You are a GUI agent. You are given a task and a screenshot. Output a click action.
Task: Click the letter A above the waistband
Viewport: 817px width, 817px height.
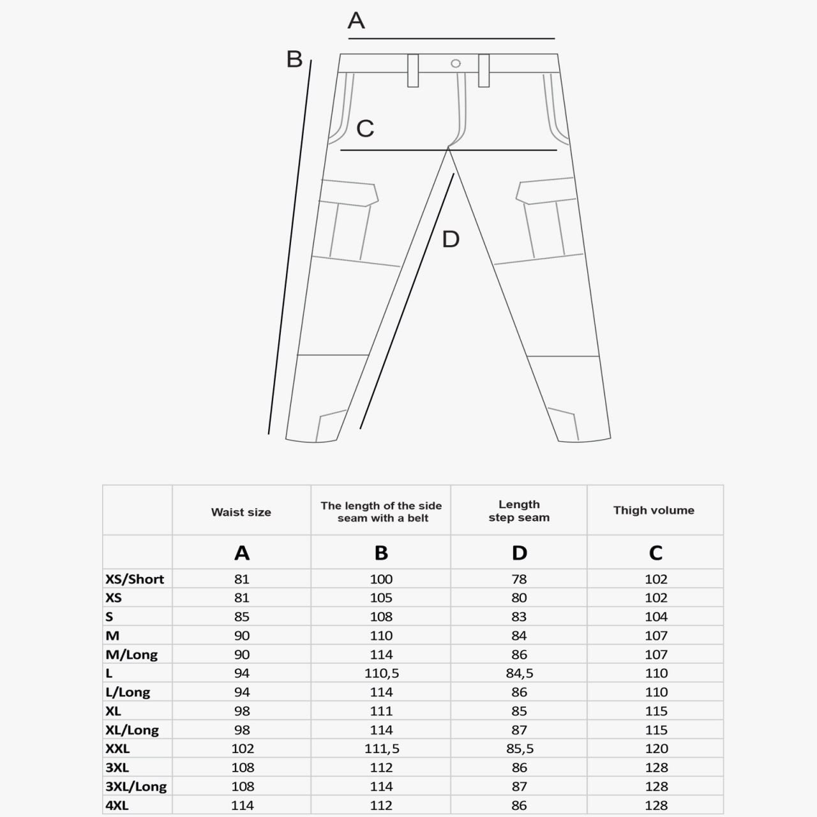click(x=356, y=20)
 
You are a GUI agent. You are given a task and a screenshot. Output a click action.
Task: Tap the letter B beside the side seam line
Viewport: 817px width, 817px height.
click(x=294, y=59)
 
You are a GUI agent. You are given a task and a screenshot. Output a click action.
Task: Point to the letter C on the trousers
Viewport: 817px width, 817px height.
click(x=365, y=128)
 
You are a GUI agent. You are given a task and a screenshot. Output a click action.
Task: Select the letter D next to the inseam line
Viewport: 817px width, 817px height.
click(x=451, y=239)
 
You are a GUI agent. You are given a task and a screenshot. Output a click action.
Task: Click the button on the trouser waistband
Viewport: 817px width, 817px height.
click(x=456, y=63)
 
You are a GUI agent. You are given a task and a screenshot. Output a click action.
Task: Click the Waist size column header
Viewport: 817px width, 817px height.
click(x=241, y=512)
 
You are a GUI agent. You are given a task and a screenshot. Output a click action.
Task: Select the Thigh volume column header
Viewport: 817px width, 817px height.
click(x=654, y=510)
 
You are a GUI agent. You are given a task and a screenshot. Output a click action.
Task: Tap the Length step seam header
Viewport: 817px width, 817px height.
click(x=519, y=511)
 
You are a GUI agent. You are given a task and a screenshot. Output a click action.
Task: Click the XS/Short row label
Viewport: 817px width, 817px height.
click(x=135, y=579)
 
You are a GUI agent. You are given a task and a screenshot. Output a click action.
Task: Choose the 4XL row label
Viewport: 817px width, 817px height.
click(x=117, y=806)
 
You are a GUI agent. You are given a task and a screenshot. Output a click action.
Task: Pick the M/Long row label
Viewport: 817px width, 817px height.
click(x=131, y=654)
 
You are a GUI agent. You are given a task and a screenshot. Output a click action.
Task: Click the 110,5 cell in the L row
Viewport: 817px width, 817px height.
click(x=381, y=673)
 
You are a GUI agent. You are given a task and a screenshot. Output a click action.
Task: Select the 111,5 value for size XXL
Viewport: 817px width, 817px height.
click(x=382, y=749)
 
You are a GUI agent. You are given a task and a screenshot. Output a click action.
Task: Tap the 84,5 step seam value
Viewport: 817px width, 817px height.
click(x=520, y=673)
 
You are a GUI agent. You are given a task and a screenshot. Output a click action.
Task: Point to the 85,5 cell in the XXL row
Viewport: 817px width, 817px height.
click(x=520, y=749)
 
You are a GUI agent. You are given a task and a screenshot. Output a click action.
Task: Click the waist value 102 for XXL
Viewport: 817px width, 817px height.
click(x=243, y=749)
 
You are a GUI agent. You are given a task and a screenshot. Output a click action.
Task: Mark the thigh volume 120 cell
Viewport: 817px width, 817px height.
click(x=656, y=749)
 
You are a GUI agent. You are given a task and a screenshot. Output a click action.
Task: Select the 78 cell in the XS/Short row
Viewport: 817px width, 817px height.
click(x=519, y=579)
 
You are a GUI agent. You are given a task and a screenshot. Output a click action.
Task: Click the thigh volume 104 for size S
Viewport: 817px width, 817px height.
click(x=656, y=617)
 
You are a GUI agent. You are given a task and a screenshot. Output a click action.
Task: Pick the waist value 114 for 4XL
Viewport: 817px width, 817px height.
click(x=243, y=806)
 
